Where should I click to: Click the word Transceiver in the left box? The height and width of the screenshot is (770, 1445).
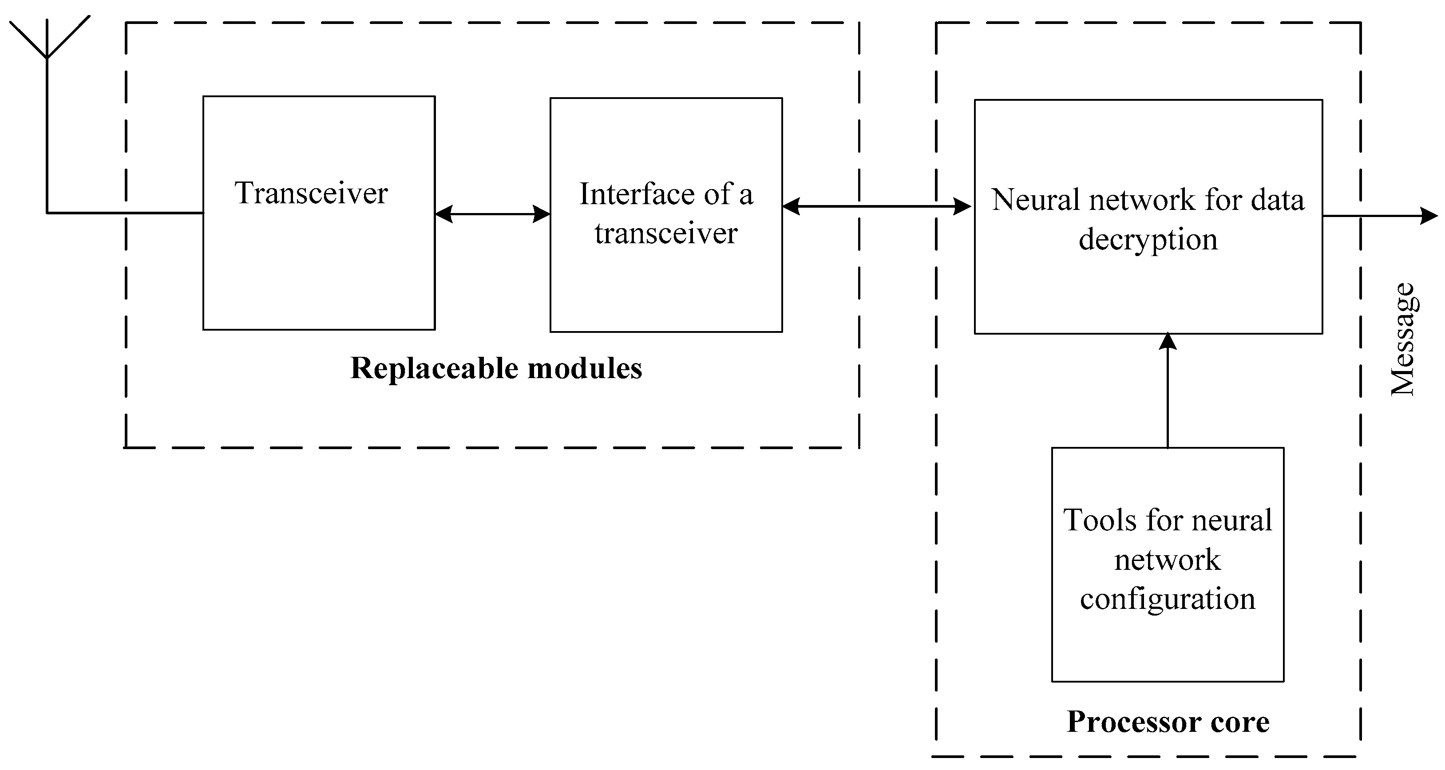[x=311, y=193]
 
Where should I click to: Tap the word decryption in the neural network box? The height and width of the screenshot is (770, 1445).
[x=1148, y=240]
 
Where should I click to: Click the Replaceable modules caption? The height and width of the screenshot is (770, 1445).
[x=496, y=368]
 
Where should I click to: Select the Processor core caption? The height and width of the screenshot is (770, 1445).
[x=1168, y=722]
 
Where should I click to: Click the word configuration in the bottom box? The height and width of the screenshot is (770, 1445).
[x=1168, y=599]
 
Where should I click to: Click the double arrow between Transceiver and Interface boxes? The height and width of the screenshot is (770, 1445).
[x=492, y=213]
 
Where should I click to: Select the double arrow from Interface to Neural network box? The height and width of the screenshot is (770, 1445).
[x=876, y=206]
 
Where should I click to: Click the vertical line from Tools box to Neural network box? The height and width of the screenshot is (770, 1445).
[x=1168, y=398]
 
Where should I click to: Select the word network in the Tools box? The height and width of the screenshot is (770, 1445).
[x=1168, y=560]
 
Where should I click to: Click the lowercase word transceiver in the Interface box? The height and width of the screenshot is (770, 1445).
[x=666, y=233]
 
